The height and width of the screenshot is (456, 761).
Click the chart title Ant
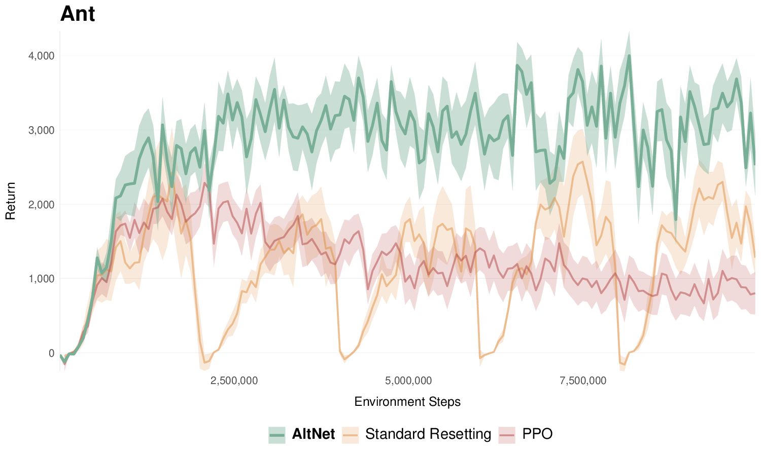coord(78,14)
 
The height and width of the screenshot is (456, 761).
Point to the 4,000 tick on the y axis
coord(41,56)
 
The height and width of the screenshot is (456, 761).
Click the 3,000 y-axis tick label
coord(41,130)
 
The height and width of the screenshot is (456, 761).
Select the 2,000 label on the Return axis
coord(41,205)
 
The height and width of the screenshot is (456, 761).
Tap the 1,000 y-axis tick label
coord(41,279)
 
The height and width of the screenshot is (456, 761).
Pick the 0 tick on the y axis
coord(51,353)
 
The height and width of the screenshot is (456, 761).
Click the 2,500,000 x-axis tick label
coord(234,381)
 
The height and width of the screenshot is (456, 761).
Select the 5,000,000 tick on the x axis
coord(408,381)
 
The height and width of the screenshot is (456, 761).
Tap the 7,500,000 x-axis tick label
coord(583,381)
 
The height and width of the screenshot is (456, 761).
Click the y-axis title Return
coord(11,201)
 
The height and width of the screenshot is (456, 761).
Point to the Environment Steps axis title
coord(407,402)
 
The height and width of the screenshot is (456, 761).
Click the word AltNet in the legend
coord(314,434)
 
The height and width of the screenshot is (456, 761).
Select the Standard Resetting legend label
coord(428,434)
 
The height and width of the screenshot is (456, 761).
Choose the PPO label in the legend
coord(537,434)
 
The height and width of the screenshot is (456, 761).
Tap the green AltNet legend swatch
coord(277,435)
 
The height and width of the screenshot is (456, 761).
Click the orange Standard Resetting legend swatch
coord(351,435)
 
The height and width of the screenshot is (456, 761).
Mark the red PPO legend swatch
coord(507,435)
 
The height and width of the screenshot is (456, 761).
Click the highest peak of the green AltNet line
coord(629,55)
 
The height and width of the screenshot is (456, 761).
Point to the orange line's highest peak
coord(582,162)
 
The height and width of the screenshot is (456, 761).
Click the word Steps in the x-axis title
coord(444,402)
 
